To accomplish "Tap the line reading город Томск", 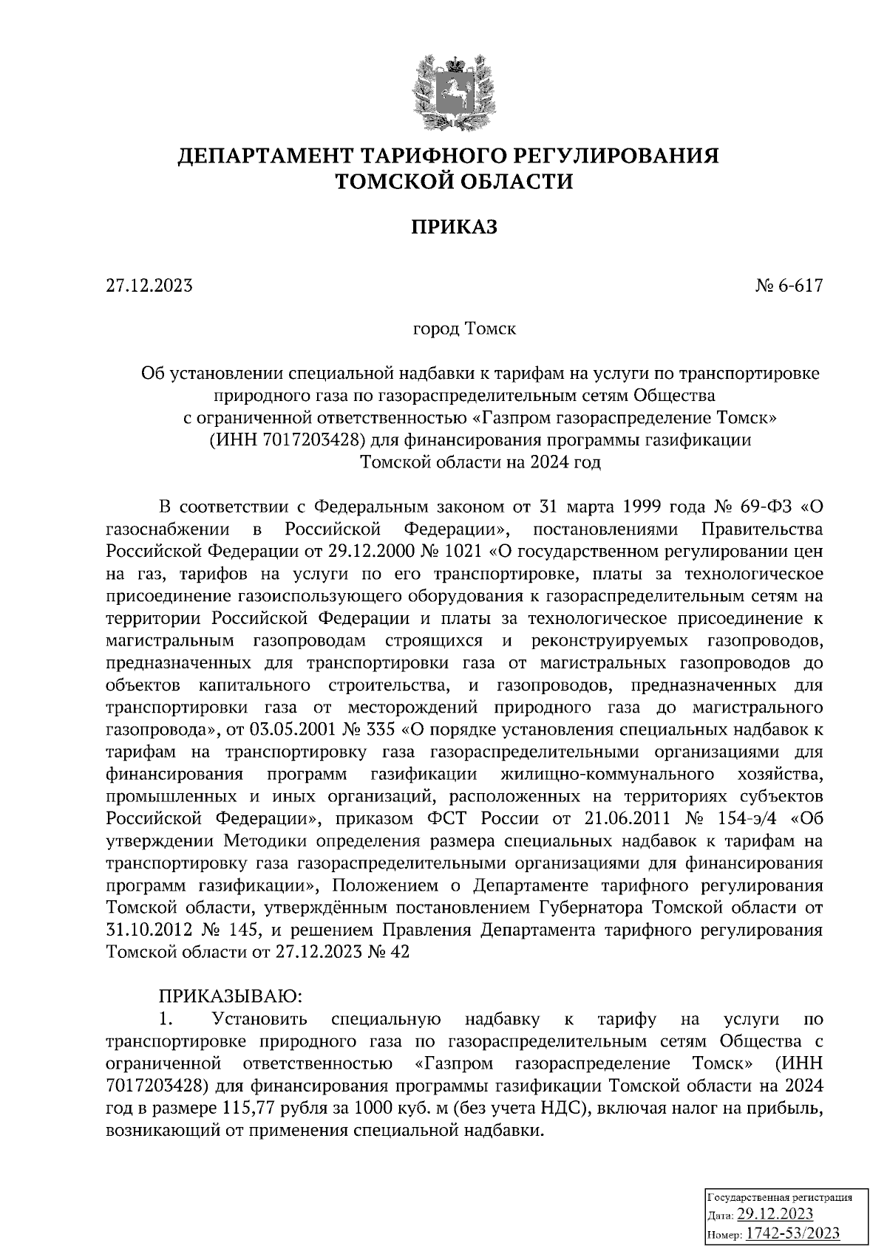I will coord(464,328).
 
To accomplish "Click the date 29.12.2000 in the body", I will coord(381,552).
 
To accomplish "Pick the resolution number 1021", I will coord(464,552).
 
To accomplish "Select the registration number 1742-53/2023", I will coord(792,1233).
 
